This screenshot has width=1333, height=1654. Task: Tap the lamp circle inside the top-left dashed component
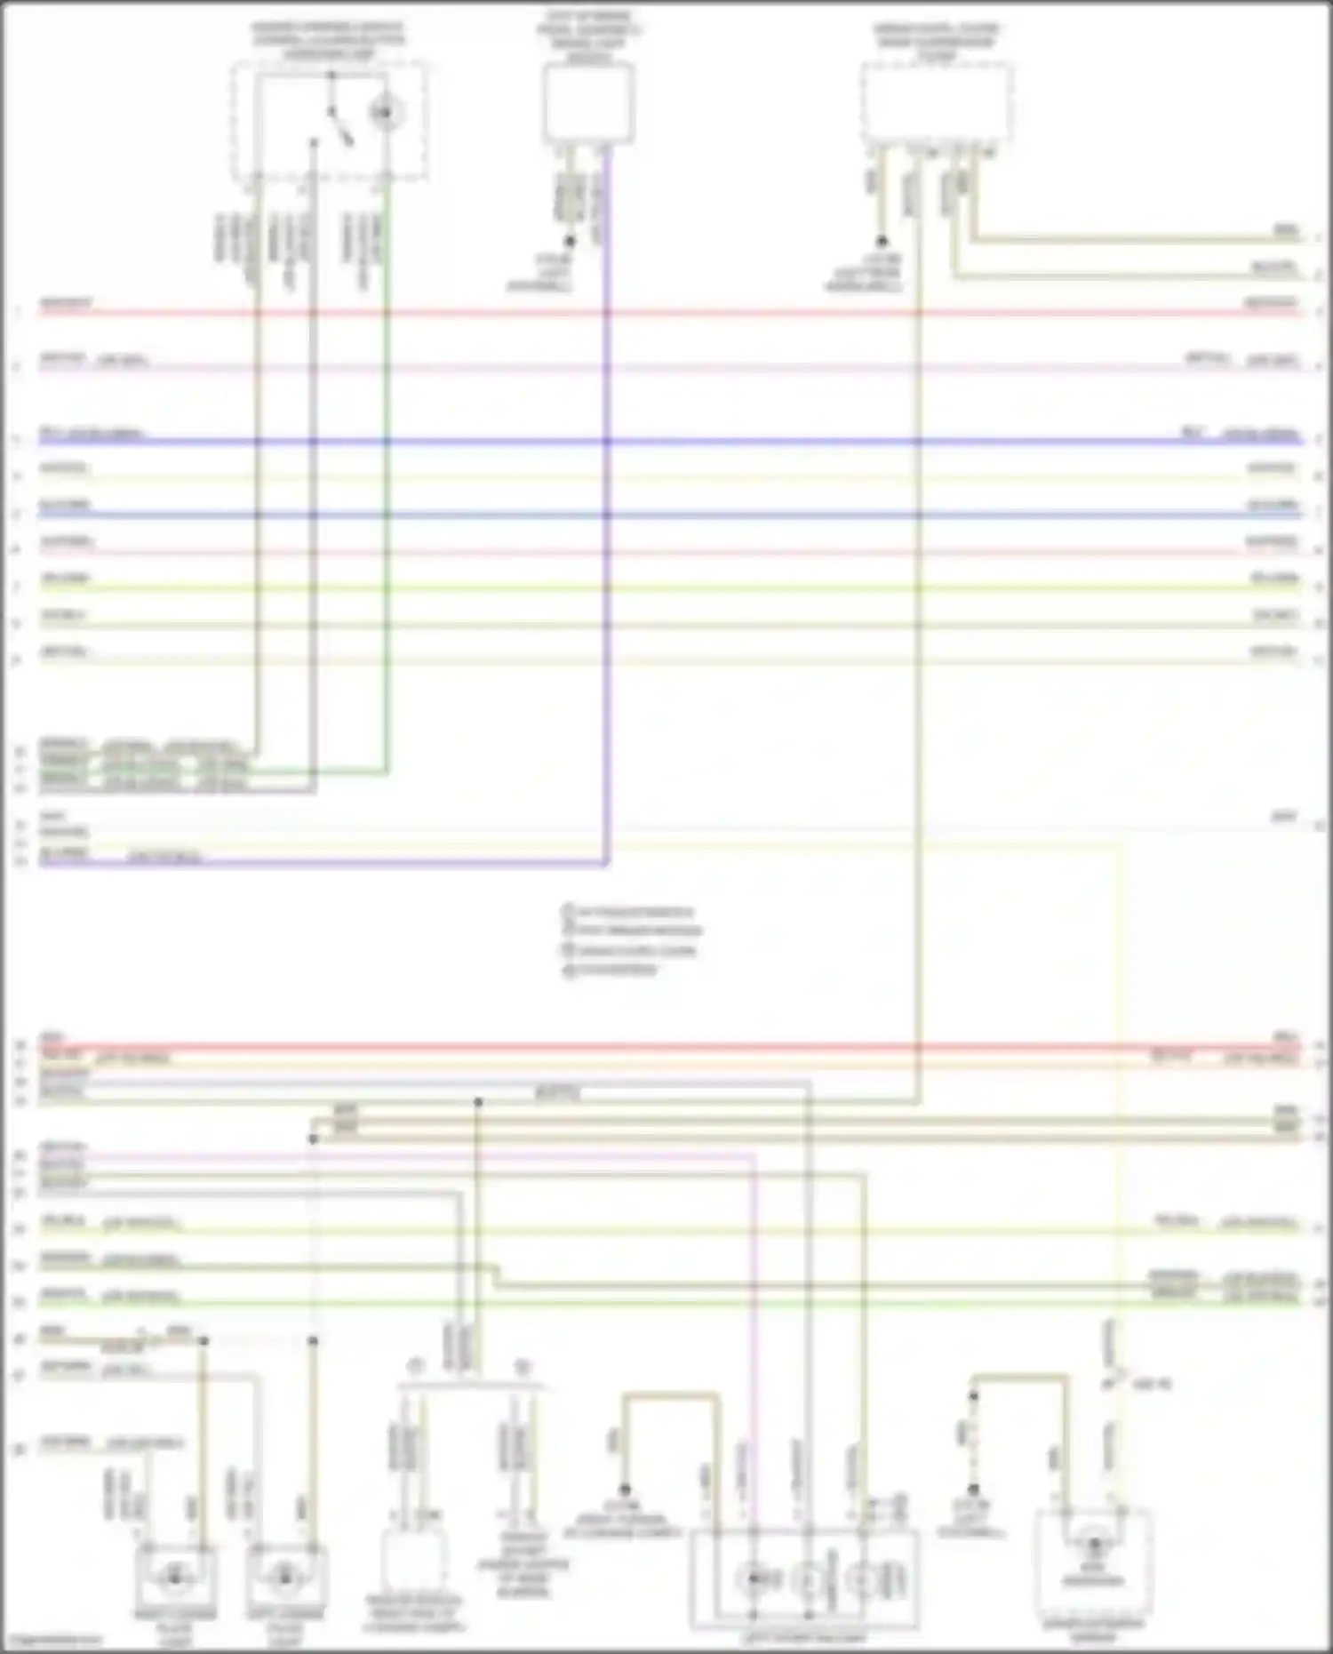click(x=385, y=113)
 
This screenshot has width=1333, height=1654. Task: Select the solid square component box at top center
click(x=588, y=104)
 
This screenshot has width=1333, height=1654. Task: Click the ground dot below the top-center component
click(x=570, y=241)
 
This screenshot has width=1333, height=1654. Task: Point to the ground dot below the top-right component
click(x=882, y=241)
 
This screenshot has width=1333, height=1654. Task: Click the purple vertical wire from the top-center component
click(x=607, y=533)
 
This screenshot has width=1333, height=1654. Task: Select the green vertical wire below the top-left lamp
click(x=387, y=533)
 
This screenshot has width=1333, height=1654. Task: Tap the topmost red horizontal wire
click(x=666, y=313)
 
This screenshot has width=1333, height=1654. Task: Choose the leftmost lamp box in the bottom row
click(x=175, y=1576)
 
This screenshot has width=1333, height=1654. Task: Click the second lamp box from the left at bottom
click(x=285, y=1576)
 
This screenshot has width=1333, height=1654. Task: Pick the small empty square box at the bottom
click(x=413, y=1560)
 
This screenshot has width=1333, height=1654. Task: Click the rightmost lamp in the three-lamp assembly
click(x=862, y=1578)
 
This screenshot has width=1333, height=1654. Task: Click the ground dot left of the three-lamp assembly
click(x=625, y=1490)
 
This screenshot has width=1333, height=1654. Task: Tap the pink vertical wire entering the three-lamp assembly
click(x=754, y=1333)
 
